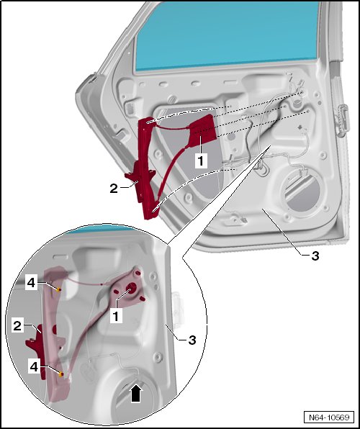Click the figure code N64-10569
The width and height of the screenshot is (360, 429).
[x=329, y=417]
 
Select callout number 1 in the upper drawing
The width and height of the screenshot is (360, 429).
[x=201, y=161]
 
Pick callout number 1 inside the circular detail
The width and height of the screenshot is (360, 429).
[x=116, y=316]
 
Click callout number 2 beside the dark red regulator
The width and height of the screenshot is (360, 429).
[x=114, y=189]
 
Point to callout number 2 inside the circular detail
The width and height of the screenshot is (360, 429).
[x=17, y=326]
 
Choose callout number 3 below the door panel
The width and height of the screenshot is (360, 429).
[x=315, y=256]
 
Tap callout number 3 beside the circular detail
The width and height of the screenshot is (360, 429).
[x=192, y=340]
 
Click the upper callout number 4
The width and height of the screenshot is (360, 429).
[x=32, y=282]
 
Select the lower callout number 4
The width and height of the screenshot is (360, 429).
[x=34, y=366]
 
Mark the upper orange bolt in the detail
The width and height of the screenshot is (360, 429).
[x=58, y=289]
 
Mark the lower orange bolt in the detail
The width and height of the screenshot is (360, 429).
[x=61, y=374]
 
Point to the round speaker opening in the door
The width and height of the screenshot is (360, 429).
[x=300, y=191]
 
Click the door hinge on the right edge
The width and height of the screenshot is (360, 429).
[x=342, y=120]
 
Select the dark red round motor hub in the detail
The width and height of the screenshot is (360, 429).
[x=132, y=287]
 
